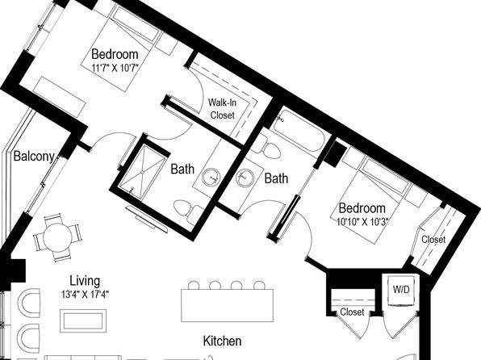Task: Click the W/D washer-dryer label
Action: [401, 290]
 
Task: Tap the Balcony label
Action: [34, 157]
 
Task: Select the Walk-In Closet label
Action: [223, 109]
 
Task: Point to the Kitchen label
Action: [223, 341]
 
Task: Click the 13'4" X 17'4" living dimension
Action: [86, 295]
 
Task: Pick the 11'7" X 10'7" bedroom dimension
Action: [115, 67]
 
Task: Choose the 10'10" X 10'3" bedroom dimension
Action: [363, 222]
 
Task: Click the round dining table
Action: [57, 237]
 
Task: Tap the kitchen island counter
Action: [228, 305]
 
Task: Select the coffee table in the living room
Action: [83, 320]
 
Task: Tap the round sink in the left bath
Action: [211, 178]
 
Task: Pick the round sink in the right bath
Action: [245, 178]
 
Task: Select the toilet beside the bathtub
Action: [266, 144]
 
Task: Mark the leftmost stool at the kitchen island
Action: [194, 285]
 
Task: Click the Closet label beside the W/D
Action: [352, 312]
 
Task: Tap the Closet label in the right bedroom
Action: [433, 240]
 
